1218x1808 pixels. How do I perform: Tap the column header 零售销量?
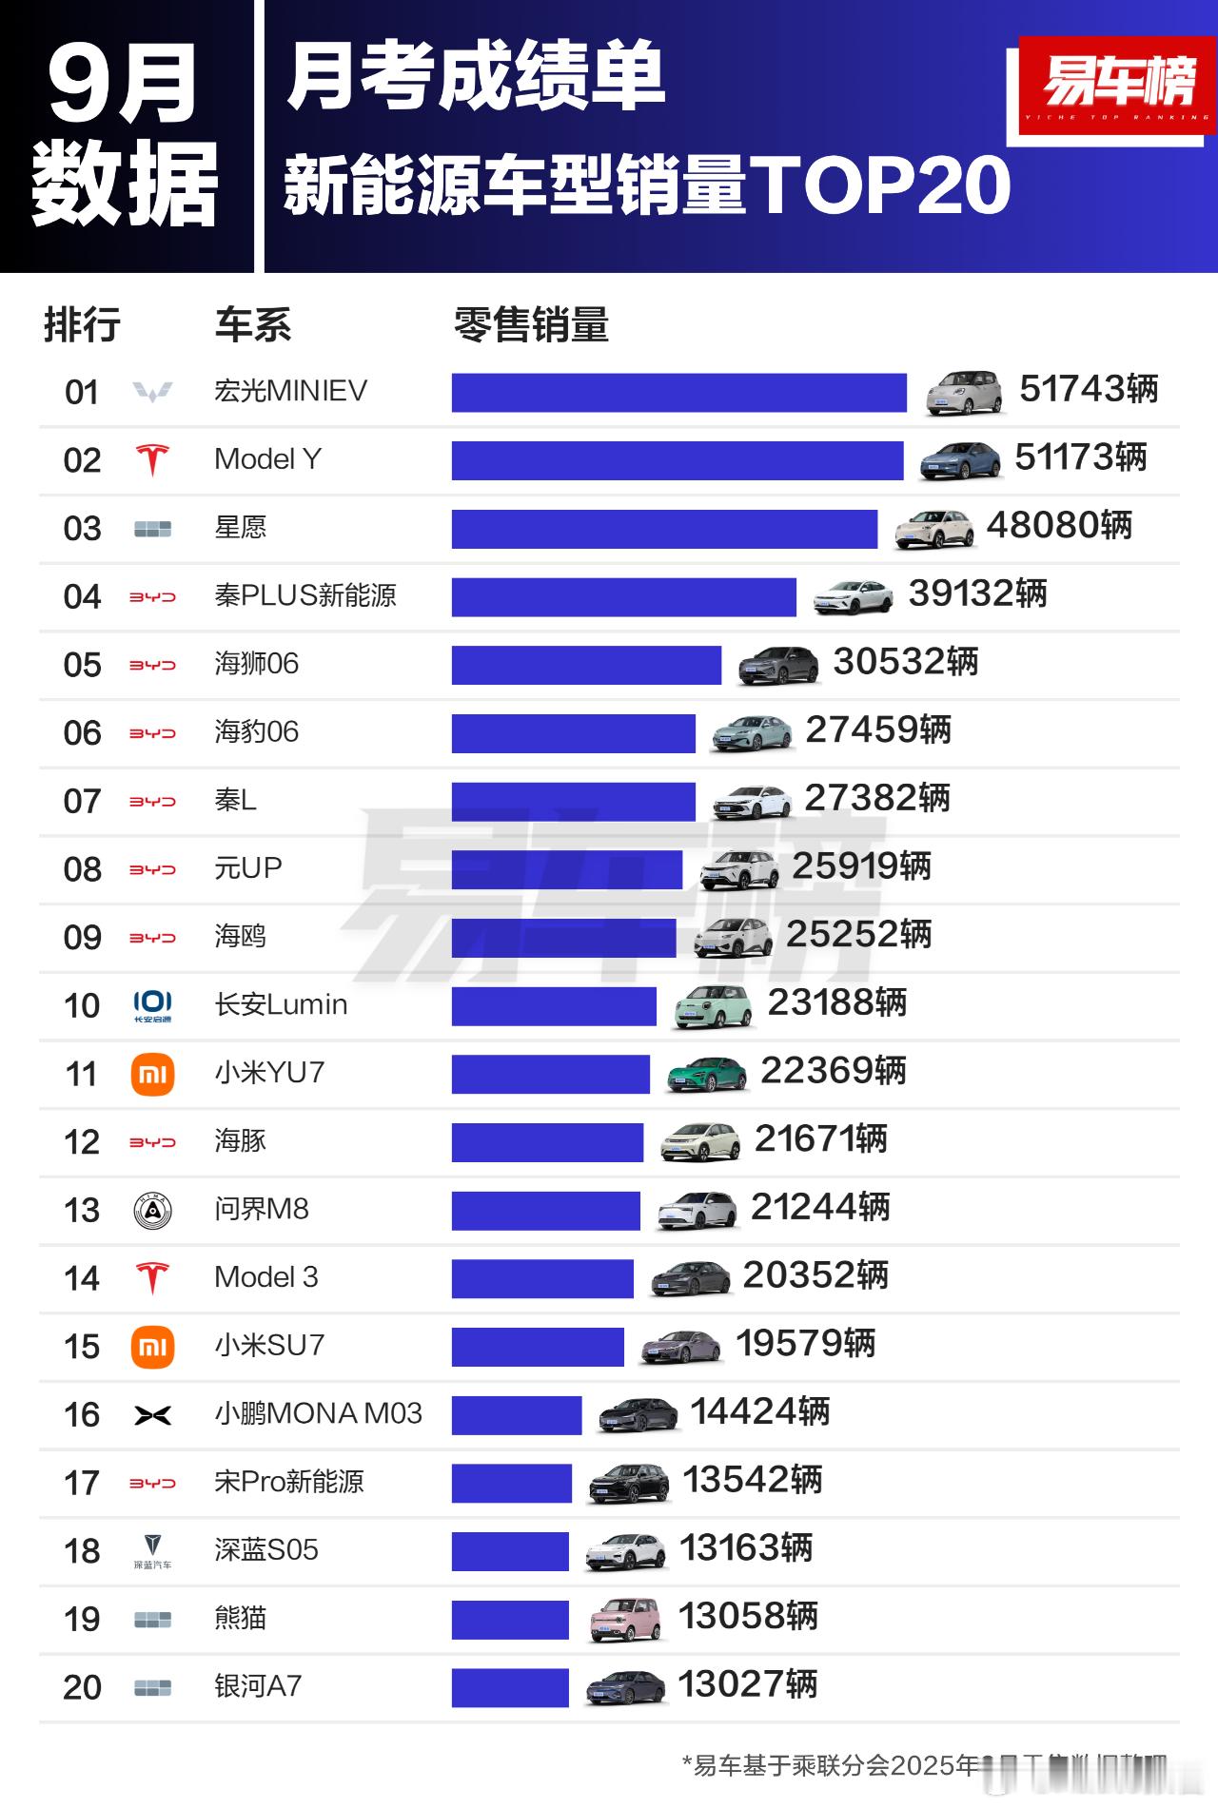tap(531, 325)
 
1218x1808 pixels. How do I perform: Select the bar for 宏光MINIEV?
tap(678, 393)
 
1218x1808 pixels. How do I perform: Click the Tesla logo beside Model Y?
tap(152, 460)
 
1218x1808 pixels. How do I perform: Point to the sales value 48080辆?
tap(1059, 525)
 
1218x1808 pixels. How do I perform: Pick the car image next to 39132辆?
tap(854, 596)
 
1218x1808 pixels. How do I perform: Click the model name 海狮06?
tap(256, 663)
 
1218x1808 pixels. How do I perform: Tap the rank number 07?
tap(82, 801)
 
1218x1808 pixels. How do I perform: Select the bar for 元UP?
tap(567, 869)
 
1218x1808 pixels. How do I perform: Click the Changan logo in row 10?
tap(152, 1005)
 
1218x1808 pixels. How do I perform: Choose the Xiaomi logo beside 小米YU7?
tap(152, 1075)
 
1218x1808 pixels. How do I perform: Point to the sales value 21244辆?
tap(820, 1207)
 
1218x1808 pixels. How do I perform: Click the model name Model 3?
tap(266, 1276)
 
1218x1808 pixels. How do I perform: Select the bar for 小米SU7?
tap(538, 1346)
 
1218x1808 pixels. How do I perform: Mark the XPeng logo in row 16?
tap(152, 1415)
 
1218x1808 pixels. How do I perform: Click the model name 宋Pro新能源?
tap(289, 1482)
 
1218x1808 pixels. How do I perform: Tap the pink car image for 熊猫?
tap(624, 1619)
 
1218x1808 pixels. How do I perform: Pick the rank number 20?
tap(82, 1687)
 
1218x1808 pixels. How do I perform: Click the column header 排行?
tap(82, 325)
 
